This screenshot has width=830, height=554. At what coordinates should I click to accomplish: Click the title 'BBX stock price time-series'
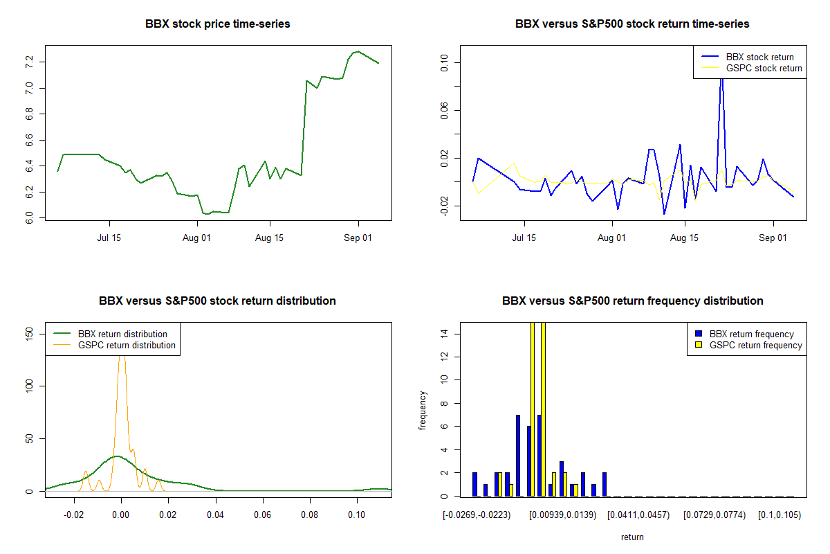coord(217,24)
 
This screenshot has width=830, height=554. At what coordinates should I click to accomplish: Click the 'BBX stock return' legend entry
coord(759,57)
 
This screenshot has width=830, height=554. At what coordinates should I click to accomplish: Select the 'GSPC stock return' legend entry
coord(764,68)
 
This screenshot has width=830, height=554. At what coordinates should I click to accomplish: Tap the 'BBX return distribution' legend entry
coord(122,334)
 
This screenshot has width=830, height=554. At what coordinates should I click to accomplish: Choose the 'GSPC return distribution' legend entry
coord(127,345)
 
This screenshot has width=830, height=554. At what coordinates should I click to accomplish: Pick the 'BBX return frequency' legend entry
coord(751,334)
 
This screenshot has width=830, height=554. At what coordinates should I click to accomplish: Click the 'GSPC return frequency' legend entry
coord(755,345)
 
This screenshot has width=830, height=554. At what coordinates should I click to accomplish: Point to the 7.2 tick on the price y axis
coord(29,62)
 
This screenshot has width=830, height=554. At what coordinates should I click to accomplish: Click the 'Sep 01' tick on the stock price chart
coord(358,239)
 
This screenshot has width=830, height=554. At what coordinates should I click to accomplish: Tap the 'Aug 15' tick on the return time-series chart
coord(684,239)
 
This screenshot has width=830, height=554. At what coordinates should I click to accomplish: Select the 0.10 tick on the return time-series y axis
coord(444,63)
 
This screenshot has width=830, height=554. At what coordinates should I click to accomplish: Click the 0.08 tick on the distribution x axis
coord(310,516)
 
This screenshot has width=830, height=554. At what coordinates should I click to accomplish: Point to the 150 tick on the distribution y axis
coord(29,333)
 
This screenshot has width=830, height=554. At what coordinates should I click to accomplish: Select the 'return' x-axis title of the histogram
coord(632,537)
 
